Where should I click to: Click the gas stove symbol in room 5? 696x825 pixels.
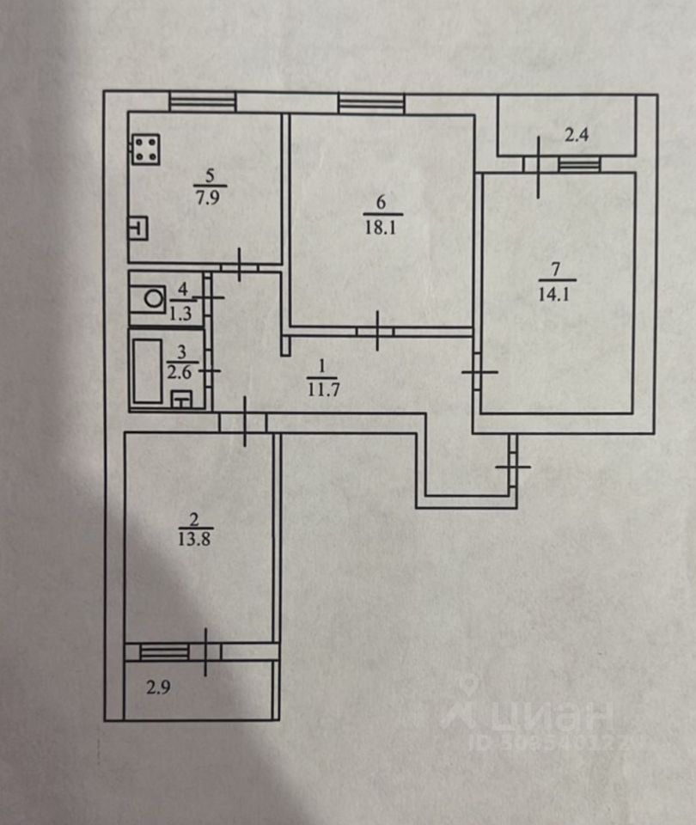click(x=146, y=150)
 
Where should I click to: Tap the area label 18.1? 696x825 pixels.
click(x=381, y=229)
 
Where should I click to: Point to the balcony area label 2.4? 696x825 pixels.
click(x=577, y=135)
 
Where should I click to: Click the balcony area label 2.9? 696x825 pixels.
click(x=158, y=687)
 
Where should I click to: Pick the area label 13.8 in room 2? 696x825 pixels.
click(x=195, y=540)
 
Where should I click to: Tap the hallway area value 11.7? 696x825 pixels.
click(x=322, y=390)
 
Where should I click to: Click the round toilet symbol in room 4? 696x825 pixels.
click(x=154, y=299)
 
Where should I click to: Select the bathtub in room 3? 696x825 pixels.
click(x=147, y=371)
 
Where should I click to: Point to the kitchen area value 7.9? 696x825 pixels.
click(x=208, y=198)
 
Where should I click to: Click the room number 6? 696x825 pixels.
click(x=381, y=201)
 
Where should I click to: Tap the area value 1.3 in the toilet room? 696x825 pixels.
click(x=180, y=315)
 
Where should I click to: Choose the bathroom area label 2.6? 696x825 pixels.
click(x=179, y=372)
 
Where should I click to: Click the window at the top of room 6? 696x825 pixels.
click(x=372, y=102)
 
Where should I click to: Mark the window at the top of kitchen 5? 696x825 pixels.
click(x=203, y=101)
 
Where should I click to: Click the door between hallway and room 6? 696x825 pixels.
click(x=376, y=331)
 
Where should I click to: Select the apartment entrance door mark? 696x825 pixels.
click(x=513, y=466)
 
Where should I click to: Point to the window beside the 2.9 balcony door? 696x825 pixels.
click(x=164, y=652)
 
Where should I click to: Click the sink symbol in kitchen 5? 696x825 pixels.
click(x=137, y=229)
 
